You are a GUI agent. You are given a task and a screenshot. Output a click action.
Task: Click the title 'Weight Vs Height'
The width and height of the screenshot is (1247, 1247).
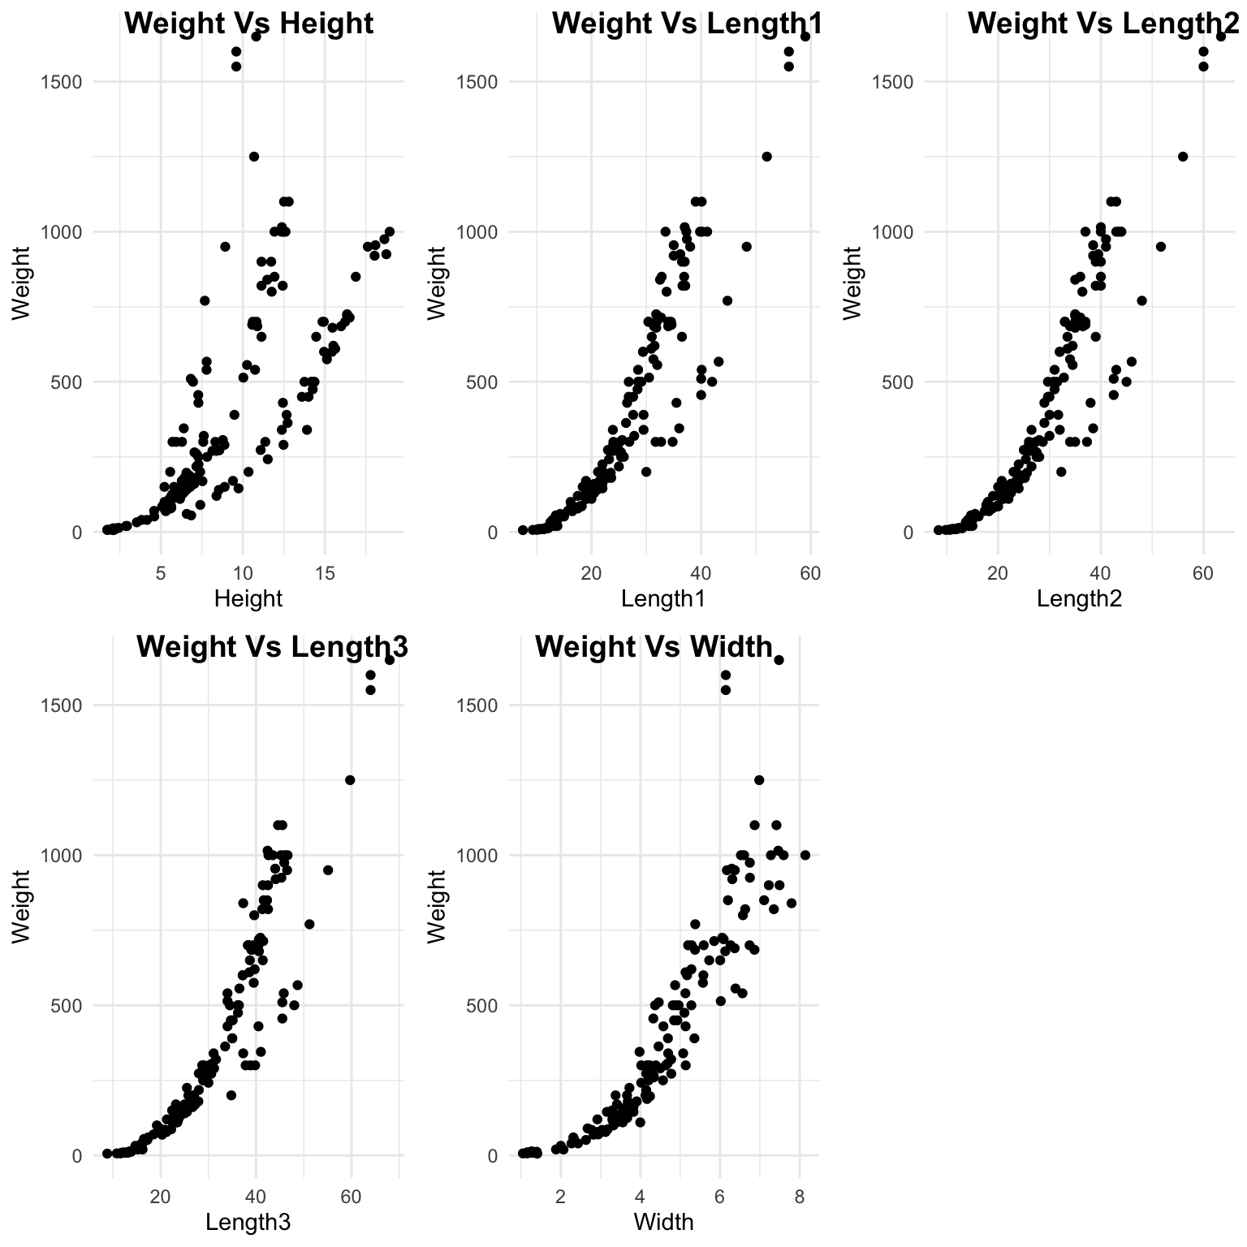248,24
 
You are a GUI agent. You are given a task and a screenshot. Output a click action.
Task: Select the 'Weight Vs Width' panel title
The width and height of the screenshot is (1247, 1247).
653,647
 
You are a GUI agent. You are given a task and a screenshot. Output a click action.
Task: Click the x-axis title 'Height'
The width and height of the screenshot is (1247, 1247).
248,598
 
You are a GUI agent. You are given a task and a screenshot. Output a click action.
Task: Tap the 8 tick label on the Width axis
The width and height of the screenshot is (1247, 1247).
800,1197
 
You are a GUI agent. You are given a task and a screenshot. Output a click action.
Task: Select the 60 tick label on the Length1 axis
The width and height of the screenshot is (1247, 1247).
810,573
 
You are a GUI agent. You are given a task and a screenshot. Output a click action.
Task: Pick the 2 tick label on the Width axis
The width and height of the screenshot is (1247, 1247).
560,1197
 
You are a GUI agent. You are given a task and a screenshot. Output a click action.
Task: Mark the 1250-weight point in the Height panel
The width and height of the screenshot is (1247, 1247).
253,157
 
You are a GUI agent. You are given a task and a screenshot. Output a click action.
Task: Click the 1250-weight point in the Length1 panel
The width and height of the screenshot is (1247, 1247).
766,157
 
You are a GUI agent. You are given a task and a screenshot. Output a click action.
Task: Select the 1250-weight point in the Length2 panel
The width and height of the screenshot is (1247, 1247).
1183,157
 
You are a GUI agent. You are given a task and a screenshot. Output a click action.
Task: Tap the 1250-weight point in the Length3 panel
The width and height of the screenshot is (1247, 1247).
350,780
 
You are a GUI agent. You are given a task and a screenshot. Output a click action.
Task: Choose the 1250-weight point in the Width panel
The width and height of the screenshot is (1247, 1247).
759,780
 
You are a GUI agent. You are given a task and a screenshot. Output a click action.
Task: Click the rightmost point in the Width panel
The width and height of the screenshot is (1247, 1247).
805,855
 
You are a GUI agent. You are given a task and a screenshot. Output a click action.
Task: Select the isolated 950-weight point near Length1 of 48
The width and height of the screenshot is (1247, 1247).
747,247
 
